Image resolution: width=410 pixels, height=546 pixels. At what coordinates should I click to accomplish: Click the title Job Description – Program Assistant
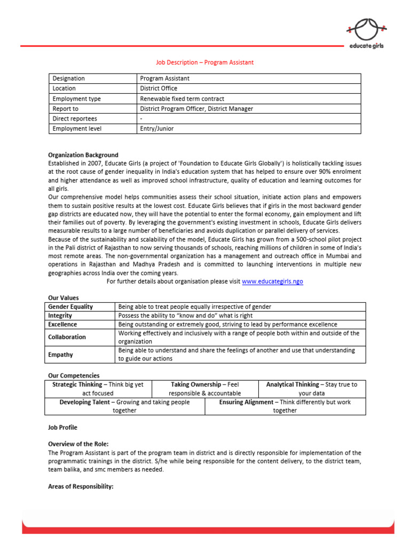tap(204, 62)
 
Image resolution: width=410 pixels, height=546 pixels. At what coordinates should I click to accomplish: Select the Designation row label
tap(69, 78)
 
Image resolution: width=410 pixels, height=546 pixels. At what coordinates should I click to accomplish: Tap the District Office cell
tap(159, 89)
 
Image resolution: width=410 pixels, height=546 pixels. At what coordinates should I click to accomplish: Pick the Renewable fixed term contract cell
tap(182, 99)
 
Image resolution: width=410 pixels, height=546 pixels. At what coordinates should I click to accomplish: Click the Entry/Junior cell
tap(156, 129)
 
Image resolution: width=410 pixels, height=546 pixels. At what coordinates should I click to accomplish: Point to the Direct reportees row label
tap(75, 118)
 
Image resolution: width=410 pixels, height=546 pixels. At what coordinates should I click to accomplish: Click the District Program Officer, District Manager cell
tap(196, 109)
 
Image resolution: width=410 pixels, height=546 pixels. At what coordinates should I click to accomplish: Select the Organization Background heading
tap(83, 155)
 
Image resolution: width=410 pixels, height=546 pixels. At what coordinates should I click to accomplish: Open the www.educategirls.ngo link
tap(272, 281)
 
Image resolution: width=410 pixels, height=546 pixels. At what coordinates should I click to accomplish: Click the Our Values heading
tap(63, 298)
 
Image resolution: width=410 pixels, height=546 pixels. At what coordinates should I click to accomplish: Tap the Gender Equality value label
tap(70, 307)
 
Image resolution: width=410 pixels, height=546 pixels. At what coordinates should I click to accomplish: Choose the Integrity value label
tap(60, 316)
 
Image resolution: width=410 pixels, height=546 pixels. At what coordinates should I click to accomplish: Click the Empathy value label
tap(60, 355)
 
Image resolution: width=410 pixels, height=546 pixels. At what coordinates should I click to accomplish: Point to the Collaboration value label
tap(67, 337)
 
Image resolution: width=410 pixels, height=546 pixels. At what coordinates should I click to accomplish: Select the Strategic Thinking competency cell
tap(98, 389)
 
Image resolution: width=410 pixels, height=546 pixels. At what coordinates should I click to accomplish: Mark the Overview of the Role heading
tap(78, 444)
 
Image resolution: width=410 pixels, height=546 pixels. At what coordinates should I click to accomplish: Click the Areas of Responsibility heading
tap(81, 487)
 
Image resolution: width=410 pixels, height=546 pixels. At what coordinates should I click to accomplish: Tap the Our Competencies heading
tap(74, 375)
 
